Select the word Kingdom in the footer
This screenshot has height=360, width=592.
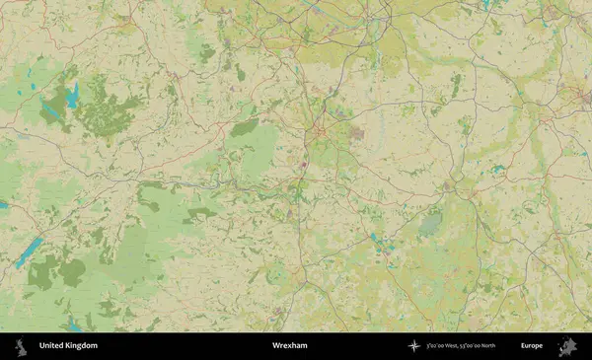pos(82,346)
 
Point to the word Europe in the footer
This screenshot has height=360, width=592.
pos(532,346)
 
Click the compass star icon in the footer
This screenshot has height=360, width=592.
pos(413,346)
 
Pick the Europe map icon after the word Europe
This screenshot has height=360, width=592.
pos(567,346)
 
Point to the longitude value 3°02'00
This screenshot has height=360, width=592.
pos(435,346)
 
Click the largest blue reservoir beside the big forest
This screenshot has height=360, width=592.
pos(72,95)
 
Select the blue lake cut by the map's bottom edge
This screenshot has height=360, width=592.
pos(74,325)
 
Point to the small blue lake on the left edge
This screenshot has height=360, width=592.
pos(3,205)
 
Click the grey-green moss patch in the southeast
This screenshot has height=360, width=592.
pos(430,226)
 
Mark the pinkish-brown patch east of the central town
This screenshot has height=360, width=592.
pos(356,132)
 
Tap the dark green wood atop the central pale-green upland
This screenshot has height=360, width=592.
pos(243,127)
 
